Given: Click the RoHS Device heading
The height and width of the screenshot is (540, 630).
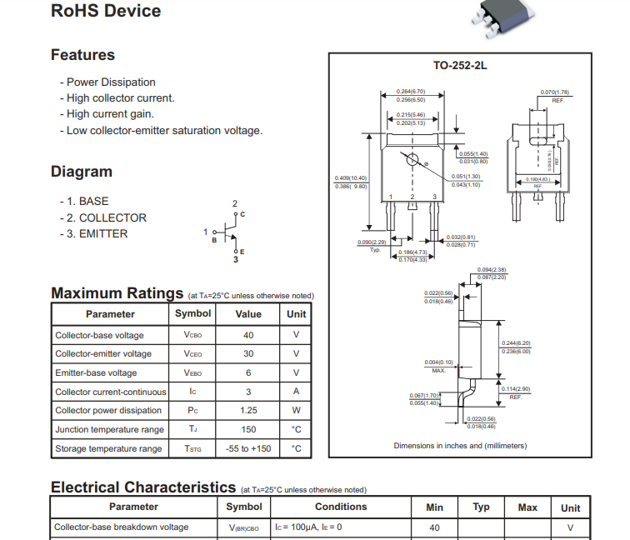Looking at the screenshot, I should coord(106,11).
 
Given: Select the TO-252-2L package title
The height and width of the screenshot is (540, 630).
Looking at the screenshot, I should coord(460,65).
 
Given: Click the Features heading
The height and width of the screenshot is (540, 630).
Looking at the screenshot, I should coord(82,55).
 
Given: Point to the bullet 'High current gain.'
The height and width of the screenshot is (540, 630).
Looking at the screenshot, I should coord(110,114).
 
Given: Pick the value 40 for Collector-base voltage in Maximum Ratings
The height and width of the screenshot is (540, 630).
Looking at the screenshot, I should coord(248,335).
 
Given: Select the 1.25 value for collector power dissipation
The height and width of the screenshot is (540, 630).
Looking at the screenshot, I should coord(248,410).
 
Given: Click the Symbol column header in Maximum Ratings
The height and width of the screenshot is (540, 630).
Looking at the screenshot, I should coord(192,314).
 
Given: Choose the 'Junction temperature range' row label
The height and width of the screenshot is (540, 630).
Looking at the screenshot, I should coord(109,429).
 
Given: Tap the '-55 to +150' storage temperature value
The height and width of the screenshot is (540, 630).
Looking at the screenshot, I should coord(248,448).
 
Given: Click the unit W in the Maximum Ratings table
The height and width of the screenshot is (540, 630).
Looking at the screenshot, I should coord(296,410).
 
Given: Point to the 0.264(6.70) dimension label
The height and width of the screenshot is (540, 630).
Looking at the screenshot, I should coord(411,92).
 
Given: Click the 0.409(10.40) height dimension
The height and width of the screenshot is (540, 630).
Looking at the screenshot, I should coord(350,177).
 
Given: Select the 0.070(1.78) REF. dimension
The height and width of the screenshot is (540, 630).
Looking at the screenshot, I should coord(555,92).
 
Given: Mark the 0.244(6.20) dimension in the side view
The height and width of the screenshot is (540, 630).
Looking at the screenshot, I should coord(515,343).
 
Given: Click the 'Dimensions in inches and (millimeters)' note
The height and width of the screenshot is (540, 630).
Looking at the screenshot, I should coord(460,446).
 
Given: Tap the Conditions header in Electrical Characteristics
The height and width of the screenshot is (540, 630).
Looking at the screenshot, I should coord(341,507).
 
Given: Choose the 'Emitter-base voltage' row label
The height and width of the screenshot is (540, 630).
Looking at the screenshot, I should coord(96,372).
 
